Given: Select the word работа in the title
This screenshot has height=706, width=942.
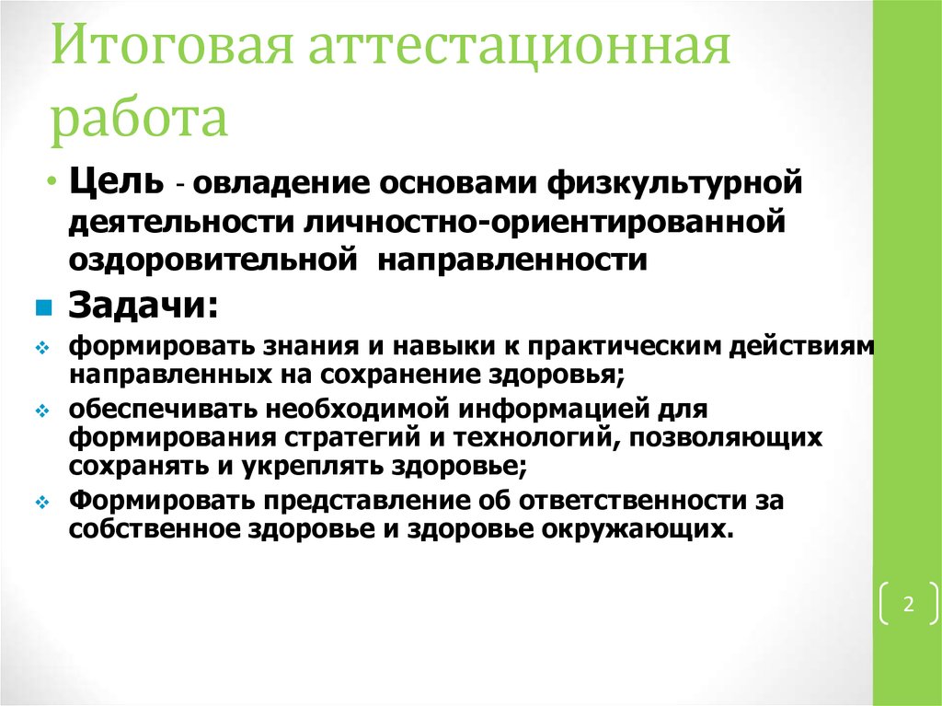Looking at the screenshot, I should coord(138,119).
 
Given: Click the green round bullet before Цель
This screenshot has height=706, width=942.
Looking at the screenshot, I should coord(53,179).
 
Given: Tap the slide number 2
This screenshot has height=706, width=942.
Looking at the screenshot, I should coord(908,605).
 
